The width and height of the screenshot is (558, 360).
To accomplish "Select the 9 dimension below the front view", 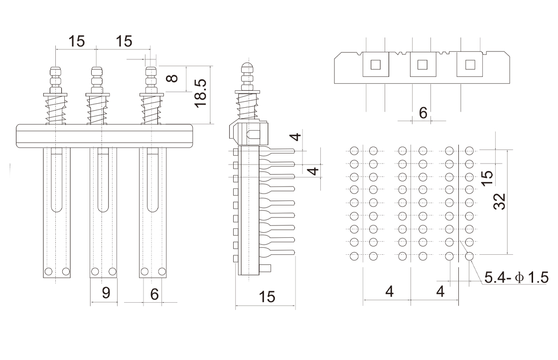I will [106, 293].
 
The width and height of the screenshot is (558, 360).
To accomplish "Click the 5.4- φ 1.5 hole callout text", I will [516, 277].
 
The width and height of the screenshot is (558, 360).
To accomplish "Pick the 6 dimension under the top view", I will [422, 113].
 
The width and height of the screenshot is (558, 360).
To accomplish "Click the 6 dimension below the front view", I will [154, 294].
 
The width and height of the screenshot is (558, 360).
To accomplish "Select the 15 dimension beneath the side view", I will [267, 297].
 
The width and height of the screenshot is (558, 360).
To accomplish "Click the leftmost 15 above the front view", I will [77, 41].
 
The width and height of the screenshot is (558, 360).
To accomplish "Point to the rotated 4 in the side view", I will [312, 171].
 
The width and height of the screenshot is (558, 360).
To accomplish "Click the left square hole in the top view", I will [376, 65].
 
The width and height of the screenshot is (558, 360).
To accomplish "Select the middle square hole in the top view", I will [422, 65].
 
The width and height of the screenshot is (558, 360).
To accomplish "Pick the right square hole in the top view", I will [469, 65].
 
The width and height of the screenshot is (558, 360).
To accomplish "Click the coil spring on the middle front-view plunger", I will [98, 111].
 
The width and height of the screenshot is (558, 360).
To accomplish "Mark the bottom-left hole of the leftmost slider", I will [48, 272].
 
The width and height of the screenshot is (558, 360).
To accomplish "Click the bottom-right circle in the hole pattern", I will [469, 257].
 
